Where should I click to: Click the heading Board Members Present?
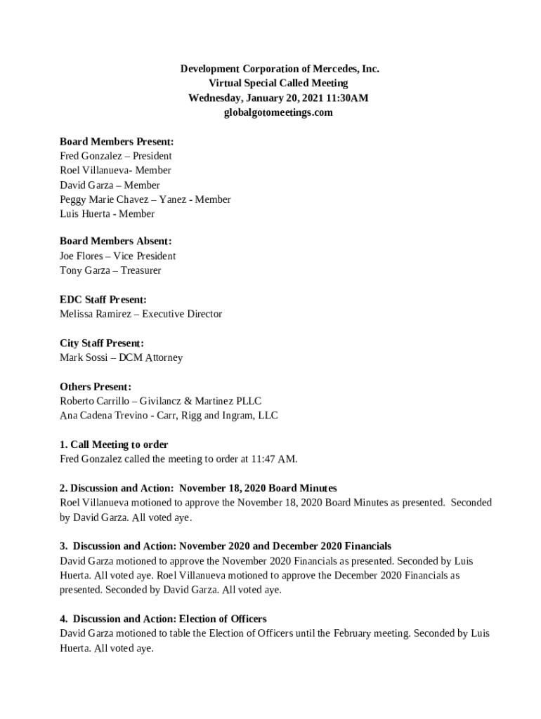pyautogui.click(x=117, y=141)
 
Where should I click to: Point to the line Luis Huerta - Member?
pyautogui.click(x=107, y=213)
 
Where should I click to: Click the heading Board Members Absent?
pyautogui.click(x=115, y=241)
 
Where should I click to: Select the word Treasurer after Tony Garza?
pyautogui.click(x=141, y=270)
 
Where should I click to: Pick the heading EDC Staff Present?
pyautogui.click(x=103, y=299)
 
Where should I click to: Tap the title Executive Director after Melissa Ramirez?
pyautogui.click(x=182, y=314)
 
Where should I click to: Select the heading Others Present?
pyautogui.click(x=96, y=386)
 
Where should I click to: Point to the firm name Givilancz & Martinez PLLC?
pyautogui.click(x=200, y=401)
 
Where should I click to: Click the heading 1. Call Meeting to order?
pyautogui.click(x=114, y=444)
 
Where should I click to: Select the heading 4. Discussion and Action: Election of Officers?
pyautogui.click(x=163, y=619)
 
